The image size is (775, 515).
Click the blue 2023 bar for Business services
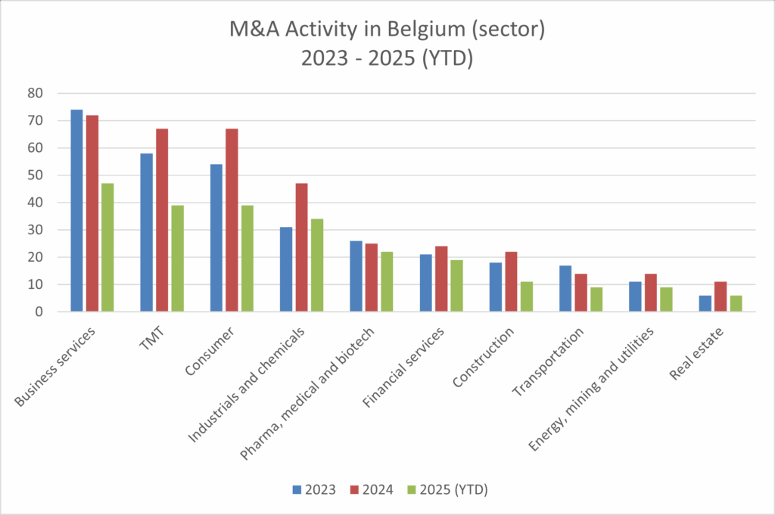[76, 211]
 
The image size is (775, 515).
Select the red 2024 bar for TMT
[162, 220]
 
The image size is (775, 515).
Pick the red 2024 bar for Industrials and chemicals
[301, 247]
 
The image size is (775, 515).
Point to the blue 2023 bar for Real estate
[705, 303]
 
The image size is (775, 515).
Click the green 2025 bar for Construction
[526, 296]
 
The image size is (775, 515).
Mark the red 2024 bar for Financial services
[440, 279]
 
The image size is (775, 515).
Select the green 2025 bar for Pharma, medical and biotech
[386, 281]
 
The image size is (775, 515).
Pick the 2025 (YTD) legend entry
[447, 489]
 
